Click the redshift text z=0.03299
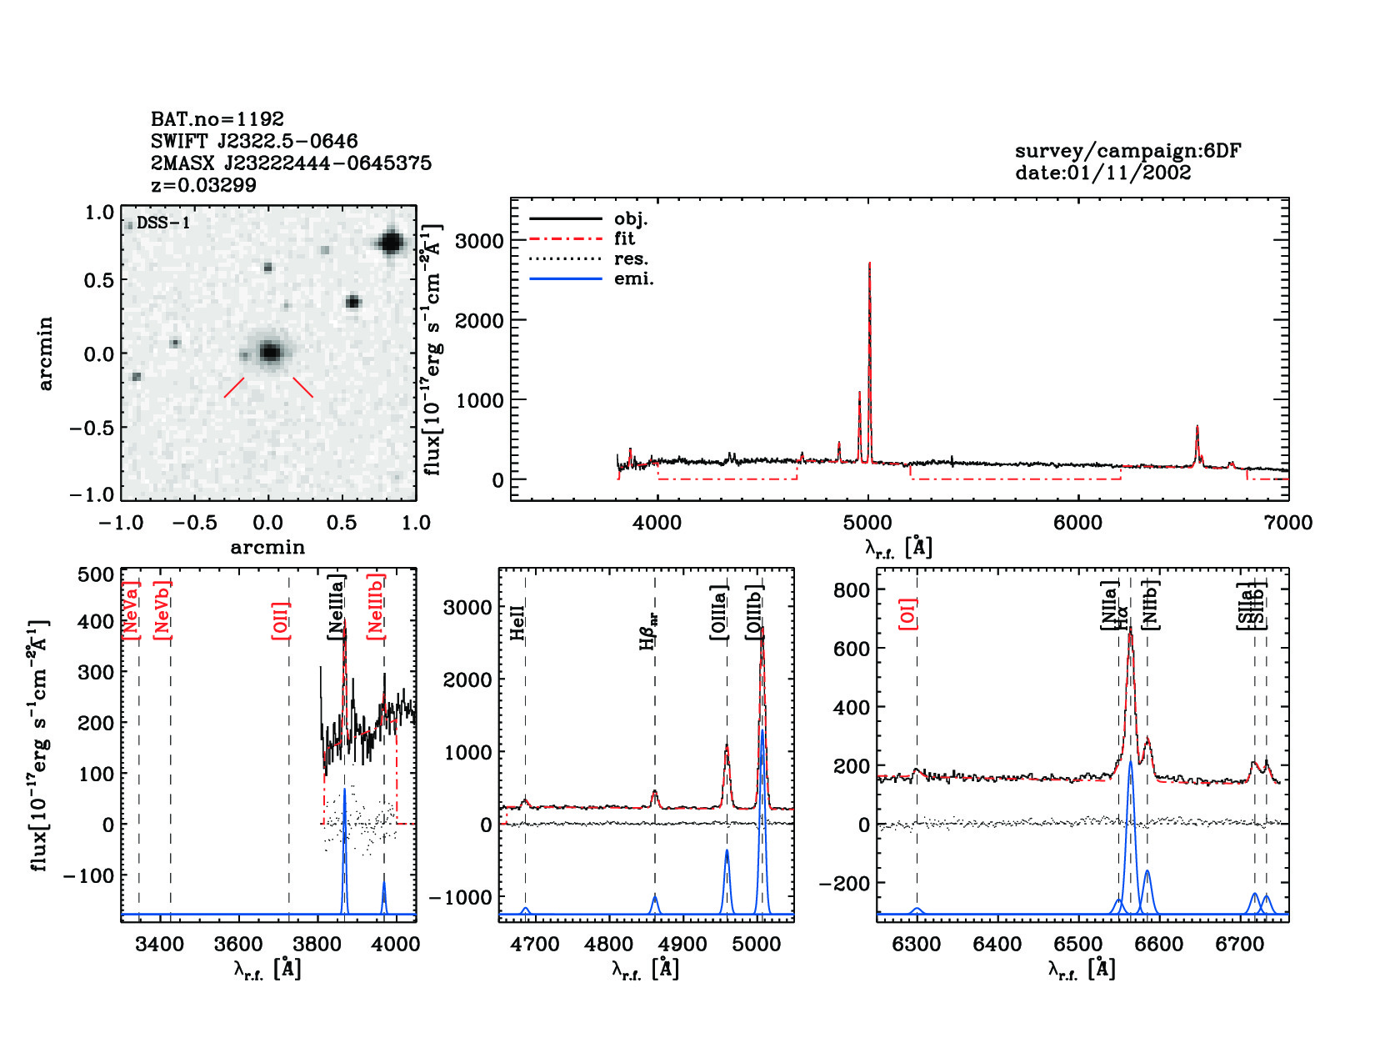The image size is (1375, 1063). pos(203,185)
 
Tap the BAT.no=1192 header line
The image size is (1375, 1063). pos(217,119)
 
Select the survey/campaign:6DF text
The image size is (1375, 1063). pos(1127,151)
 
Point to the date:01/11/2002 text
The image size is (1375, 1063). pos(1102,173)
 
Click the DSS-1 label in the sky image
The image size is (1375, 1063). pos(162,223)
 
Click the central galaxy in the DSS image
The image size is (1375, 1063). pos(269,352)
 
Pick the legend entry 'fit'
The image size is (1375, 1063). pos(624,238)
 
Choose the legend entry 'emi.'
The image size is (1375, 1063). pos(633,278)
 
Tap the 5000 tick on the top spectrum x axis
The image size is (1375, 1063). pos(867,523)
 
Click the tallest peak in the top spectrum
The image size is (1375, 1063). pos(869,265)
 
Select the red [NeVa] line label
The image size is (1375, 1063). pos(131,610)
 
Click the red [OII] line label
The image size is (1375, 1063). pos(281,620)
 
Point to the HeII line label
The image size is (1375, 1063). pos(517,622)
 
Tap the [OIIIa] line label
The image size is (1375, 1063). pos(718,613)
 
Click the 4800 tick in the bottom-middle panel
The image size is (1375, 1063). pos(609,944)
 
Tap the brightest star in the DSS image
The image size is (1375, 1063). pos(390,243)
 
